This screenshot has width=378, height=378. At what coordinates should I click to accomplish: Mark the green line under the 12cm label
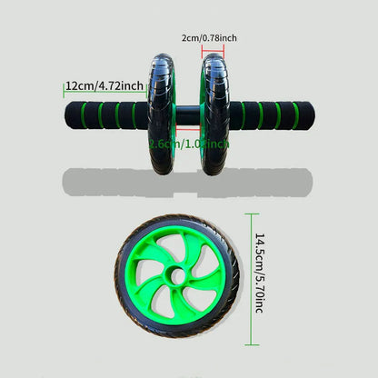[x=103, y=95]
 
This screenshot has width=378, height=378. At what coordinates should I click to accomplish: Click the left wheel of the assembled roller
[x=163, y=114]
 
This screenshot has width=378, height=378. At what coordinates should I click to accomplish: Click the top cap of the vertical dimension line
[x=249, y=213]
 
